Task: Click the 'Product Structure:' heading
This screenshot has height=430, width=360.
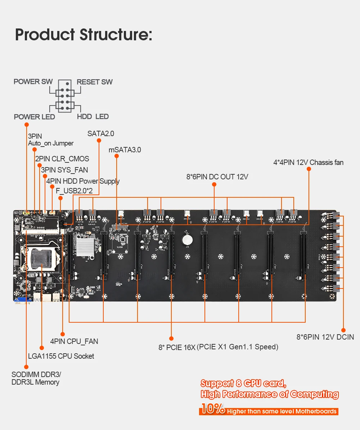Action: click(x=84, y=35)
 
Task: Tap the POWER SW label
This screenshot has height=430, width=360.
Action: click(x=33, y=82)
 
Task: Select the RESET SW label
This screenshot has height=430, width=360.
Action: click(x=95, y=82)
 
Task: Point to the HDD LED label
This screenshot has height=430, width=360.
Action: click(x=93, y=117)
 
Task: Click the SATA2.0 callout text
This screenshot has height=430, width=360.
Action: click(x=101, y=134)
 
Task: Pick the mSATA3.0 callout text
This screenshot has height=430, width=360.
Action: click(x=125, y=150)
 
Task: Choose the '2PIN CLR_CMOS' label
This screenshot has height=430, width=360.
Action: click(x=62, y=159)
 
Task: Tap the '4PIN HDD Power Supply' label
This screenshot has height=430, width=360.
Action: click(x=83, y=181)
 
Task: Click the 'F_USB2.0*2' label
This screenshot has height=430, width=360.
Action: click(x=74, y=191)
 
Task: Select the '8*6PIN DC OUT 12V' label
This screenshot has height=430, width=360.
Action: click(x=217, y=177)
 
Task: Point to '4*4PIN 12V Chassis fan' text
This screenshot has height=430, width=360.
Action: click(x=309, y=163)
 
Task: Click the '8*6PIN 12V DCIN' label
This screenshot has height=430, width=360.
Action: click(x=325, y=337)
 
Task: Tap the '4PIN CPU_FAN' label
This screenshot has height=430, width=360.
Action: click(x=74, y=341)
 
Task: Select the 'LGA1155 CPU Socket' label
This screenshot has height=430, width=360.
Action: click(x=61, y=356)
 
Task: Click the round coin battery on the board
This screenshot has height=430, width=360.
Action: click(x=187, y=240)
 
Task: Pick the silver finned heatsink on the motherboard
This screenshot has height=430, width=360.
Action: click(x=85, y=247)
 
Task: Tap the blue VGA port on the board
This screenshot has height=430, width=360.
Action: click(x=23, y=299)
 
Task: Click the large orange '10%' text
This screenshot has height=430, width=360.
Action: click(x=213, y=408)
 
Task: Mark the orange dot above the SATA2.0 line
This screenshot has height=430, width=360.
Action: click(x=99, y=141)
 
